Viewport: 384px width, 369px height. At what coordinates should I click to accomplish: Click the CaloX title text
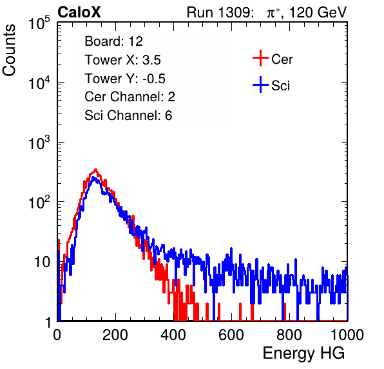pyautogui.click(x=79, y=12)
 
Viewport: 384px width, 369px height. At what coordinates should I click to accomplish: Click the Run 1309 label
pyautogui.click(x=220, y=12)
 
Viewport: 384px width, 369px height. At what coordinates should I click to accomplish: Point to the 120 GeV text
pyautogui.click(x=318, y=12)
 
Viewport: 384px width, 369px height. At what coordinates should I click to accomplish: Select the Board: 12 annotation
pyautogui.click(x=113, y=41)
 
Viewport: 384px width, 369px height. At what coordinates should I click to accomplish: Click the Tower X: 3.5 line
pyautogui.click(x=122, y=60)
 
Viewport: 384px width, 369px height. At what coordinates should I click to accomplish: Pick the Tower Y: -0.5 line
pyautogui.click(x=125, y=79)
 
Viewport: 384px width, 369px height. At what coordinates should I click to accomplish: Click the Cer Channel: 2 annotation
pyautogui.click(x=130, y=97)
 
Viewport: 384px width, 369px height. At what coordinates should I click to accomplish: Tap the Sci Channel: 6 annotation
pyautogui.click(x=128, y=115)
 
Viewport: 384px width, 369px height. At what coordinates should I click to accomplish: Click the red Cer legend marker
pyautogui.click(x=260, y=58)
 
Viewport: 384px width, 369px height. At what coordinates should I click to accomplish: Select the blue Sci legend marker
pyautogui.click(x=260, y=85)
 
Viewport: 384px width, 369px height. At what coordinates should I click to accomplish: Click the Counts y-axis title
pyautogui.click(x=9, y=50)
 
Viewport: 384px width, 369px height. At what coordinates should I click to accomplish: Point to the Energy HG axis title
pyautogui.click(x=303, y=353)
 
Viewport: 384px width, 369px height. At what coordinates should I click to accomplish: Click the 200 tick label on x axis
pyautogui.click(x=115, y=335)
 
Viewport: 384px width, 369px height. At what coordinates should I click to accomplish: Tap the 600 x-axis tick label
pyautogui.click(x=231, y=335)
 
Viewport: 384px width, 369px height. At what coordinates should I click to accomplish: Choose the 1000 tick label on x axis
pyautogui.click(x=347, y=335)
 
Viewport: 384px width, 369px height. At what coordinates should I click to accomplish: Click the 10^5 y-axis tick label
pyautogui.click(x=39, y=23)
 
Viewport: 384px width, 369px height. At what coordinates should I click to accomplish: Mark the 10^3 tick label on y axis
pyautogui.click(x=39, y=143)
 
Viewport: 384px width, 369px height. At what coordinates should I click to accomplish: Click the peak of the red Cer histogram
pyautogui.click(x=96, y=170)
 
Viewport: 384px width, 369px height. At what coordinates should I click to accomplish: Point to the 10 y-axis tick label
pyautogui.click(x=42, y=262)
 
